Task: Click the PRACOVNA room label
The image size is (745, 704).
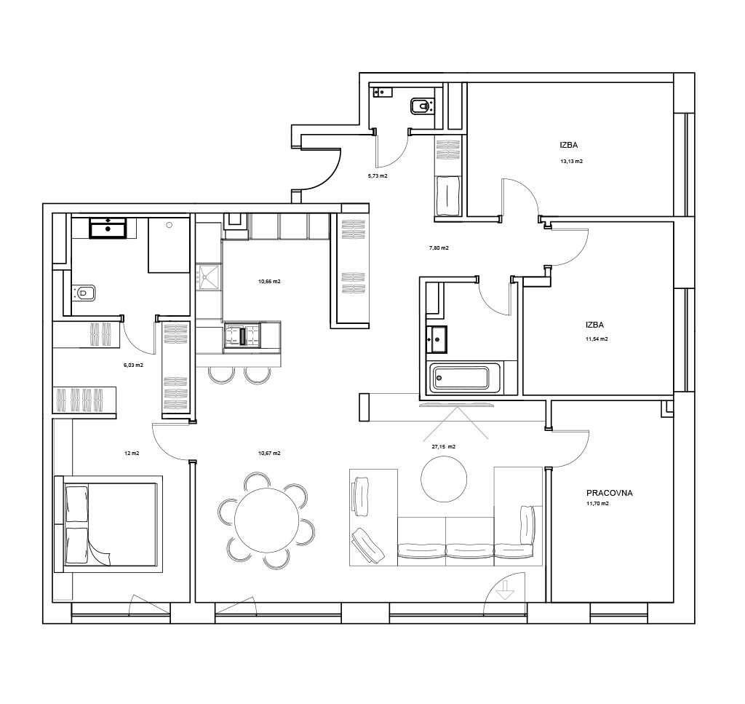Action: coord(609,493)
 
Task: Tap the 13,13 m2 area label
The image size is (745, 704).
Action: coord(572,161)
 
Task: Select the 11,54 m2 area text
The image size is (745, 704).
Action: coord(597,339)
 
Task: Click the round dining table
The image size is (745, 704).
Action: coord(267,520)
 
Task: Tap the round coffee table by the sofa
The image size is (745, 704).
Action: coord(444,478)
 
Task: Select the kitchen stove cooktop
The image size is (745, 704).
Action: coord(242,336)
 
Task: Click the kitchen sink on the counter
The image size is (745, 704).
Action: coord(209,277)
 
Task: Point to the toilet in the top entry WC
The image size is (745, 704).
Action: coord(422,106)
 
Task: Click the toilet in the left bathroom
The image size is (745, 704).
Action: coord(83,293)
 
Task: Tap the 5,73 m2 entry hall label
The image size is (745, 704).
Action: coord(378,176)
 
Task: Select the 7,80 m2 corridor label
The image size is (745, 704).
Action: coord(439,248)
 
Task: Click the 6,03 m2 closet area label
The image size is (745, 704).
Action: coord(133,365)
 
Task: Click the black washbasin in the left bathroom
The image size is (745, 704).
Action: coord(108,228)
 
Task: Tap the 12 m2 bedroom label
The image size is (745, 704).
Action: coord(132,454)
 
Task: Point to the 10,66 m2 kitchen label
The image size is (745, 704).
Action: coord(269,282)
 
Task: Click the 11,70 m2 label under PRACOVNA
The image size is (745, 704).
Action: coord(598,504)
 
